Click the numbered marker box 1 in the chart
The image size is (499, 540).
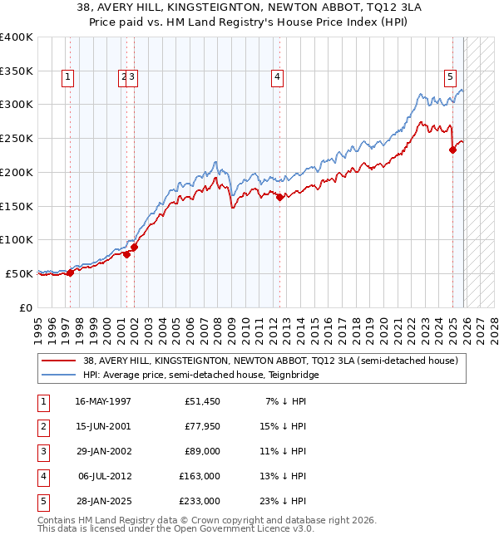67,77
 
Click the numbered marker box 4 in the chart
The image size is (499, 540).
277,77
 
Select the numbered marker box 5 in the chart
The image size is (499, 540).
450,77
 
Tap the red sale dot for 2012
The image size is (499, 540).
279,197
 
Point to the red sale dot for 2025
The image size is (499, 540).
453,150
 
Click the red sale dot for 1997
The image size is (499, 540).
70,272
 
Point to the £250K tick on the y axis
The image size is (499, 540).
17,138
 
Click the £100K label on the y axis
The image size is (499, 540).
17,239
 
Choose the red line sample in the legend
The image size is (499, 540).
58,361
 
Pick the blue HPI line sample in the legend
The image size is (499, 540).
58,375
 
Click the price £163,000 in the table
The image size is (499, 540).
200,476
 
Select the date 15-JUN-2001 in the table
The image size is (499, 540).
102,426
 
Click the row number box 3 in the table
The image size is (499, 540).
42,451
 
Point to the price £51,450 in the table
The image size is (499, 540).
202,401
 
